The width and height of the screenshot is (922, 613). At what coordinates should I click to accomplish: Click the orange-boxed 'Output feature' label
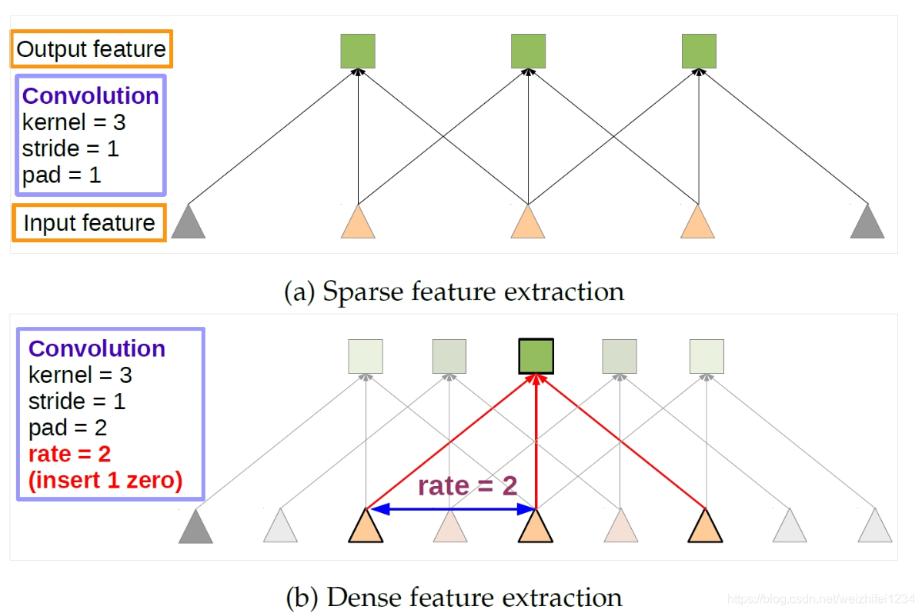[x=91, y=50]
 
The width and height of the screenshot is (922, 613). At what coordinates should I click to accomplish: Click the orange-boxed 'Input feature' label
[x=89, y=223]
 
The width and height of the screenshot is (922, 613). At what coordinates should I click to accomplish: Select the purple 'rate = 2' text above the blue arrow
[x=467, y=486]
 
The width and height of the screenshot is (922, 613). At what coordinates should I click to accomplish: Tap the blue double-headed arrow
[x=451, y=508]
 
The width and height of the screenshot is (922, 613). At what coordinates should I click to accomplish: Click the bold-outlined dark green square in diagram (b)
[x=536, y=356]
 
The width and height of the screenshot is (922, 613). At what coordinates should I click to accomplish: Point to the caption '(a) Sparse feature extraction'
[x=454, y=292]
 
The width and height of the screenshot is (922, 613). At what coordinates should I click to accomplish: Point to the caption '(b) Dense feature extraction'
[x=453, y=597]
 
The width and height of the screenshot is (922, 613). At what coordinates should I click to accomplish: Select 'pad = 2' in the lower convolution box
[x=68, y=427]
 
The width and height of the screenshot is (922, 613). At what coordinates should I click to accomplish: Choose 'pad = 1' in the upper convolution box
[x=62, y=175]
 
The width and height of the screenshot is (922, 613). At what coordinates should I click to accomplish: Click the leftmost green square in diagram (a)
[x=358, y=51]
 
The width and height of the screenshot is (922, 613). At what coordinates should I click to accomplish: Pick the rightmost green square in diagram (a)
[x=699, y=51]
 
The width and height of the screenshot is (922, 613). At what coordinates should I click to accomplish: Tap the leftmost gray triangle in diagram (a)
[x=188, y=222]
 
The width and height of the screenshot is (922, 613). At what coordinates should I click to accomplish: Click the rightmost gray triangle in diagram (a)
[x=868, y=222]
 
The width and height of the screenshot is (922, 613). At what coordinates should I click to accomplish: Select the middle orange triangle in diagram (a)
[x=528, y=222]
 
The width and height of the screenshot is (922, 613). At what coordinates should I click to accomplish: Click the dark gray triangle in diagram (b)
[x=195, y=527]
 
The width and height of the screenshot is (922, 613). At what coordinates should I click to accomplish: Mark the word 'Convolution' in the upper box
[x=91, y=96]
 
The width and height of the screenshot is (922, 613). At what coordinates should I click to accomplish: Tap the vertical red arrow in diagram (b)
[x=536, y=446]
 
